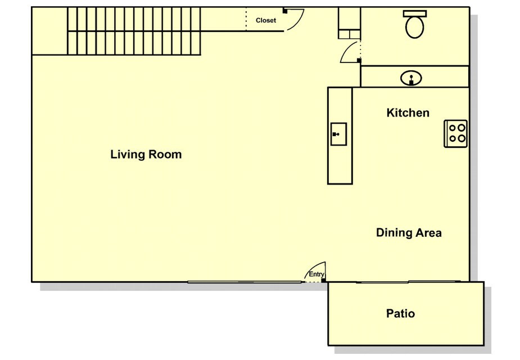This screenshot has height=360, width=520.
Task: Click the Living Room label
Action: tap(146, 154)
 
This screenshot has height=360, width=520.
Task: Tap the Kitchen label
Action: tap(408, 113)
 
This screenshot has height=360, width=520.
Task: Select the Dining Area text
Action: tap(409, 232)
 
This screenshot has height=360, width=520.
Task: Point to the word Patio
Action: tap(400, 313)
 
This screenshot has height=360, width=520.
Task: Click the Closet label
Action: tap(266, 20)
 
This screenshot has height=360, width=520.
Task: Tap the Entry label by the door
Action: tap(316, 274)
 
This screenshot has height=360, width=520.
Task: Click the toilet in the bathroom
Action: tap(414, 24)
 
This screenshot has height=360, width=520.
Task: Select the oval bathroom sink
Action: tap(412, 79)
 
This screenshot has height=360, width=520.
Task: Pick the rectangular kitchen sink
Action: tap(338, 134)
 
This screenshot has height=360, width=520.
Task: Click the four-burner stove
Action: tap(456, 134)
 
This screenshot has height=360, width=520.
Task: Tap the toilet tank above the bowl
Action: tap(415, 13)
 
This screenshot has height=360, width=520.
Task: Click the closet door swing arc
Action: tap(298, 22)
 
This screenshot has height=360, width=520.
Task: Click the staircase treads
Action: tap(134, 31)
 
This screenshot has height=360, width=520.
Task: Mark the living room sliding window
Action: tap(245, 282)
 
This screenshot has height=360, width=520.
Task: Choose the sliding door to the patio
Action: tap(408, 282)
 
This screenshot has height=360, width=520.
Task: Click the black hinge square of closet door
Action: tap(285, 11)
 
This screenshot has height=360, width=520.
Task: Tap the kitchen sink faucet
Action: tap(336, 134)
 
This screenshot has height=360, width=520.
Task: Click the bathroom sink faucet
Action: tap(412, 80)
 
